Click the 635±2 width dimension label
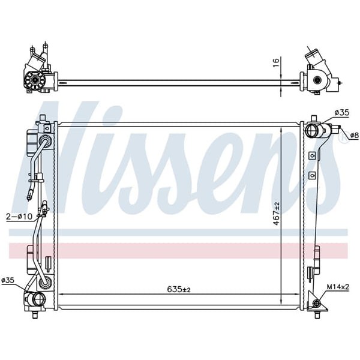pos(179,289)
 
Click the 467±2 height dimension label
pos(276,214)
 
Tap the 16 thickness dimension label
pos(276,62)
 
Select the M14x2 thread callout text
pos(338,287)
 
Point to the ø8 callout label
pos(354,136)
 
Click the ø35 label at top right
pos(341,113)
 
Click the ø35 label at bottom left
pos(8,280)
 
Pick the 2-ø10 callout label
pos(19,217)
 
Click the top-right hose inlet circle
pos(311,130)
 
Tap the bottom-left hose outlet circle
pos(39,298)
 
